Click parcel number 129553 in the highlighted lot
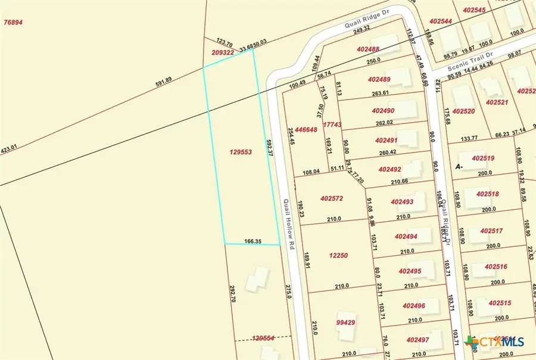241,152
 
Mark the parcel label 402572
335,198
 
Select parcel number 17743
332,125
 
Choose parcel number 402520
463,111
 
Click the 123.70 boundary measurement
225,42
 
